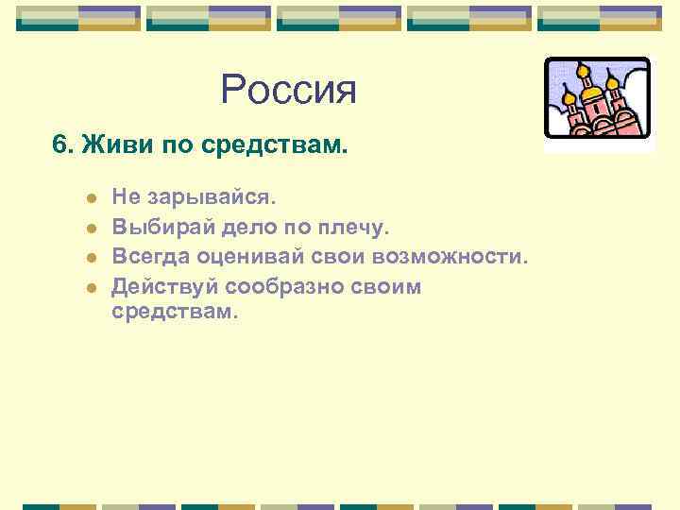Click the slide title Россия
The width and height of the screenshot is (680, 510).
click(288, 91)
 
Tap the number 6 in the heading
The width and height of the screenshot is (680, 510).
click(59, 146)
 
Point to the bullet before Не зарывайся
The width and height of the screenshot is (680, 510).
click(90, 199)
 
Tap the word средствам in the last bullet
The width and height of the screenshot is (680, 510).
click(170, 311)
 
